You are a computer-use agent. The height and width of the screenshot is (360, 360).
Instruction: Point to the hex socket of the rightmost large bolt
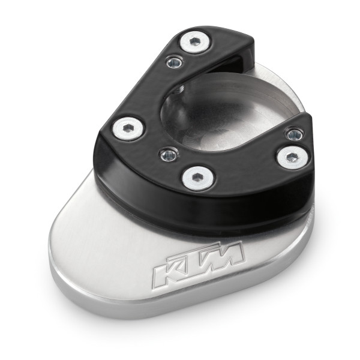(x=290, y=157)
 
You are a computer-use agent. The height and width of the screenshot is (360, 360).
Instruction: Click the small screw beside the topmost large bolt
(x=175, y=61)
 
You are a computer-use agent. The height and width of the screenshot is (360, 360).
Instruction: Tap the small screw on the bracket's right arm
(x=293, y=134)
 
